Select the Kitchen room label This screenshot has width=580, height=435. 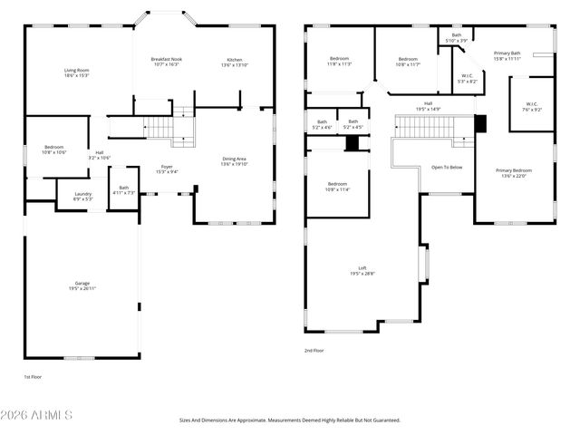tap(234, 63)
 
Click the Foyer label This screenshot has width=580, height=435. tap(167, 169)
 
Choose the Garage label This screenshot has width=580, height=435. tap(82, 285)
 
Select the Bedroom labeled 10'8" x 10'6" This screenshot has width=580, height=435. tap(54, 150)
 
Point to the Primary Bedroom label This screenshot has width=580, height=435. tap(514, 173)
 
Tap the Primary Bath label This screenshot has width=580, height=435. tap(507, 56)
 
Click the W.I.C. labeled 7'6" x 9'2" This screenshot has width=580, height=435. tap(531, 106)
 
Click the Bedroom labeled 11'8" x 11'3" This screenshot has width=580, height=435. tap(339, 62)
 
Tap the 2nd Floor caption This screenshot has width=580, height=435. tap(314, 351)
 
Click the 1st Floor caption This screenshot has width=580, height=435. tap(33, 376)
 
